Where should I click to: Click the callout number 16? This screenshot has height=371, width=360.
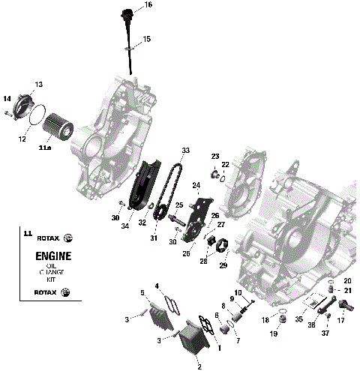click(148, 5)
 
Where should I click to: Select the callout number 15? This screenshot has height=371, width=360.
click(146, 38)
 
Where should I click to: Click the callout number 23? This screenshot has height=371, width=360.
click(214, 155)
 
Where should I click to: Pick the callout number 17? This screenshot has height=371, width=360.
click(341, 321)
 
